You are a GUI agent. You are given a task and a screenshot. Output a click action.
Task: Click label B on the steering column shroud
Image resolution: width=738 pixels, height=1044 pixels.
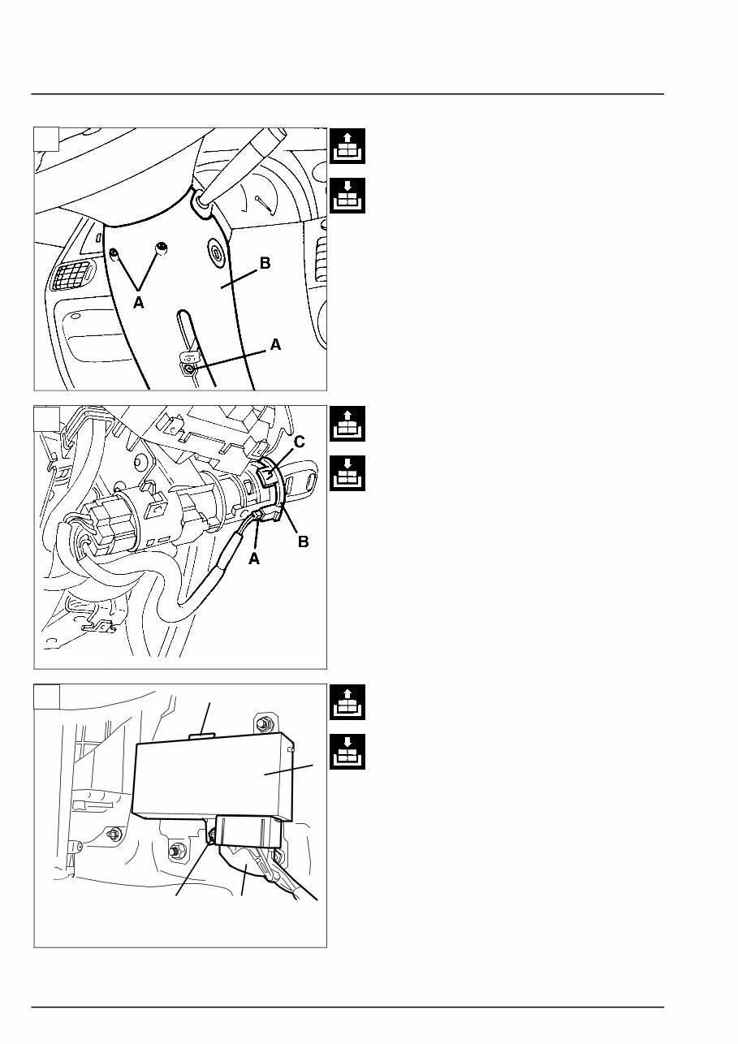click(x=265, y=263)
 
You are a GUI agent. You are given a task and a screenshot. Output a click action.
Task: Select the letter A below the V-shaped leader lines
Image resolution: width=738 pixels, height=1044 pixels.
click(x=139, y=303)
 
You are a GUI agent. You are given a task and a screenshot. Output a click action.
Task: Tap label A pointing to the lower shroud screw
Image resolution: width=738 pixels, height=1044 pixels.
click(x=275, y=345)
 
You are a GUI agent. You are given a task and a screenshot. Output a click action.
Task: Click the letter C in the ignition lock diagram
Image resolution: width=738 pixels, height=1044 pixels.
click(x=300, y=442)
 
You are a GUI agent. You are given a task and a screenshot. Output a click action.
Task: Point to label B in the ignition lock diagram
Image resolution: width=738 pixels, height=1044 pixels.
click(x=303, y=541)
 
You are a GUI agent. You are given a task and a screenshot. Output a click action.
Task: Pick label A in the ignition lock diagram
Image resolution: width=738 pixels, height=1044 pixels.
click(x=254, y=559)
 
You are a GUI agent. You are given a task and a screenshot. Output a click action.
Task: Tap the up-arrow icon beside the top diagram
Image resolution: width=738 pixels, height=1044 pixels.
click(x=347, y=146)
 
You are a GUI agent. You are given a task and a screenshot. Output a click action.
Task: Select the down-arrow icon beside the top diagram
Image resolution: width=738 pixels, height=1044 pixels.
click(x=347, y=196)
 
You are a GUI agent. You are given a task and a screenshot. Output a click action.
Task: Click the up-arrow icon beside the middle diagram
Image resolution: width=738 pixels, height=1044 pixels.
click(x=347, y=424)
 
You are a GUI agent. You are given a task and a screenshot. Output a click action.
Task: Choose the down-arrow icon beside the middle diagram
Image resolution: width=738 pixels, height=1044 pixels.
click(x=347, y=473)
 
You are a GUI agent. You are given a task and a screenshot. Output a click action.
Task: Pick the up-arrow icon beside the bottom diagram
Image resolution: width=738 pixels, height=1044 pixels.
click(x=347, y=702)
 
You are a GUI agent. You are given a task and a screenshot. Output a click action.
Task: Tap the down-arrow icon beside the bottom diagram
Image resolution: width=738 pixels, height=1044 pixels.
click(x=347, y=752)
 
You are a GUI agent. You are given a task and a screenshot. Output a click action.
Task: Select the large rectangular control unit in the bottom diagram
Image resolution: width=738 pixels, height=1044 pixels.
click(x=213, y=776)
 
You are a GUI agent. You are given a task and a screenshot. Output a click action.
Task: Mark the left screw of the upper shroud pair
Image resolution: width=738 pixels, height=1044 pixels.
click(x=114, y=253)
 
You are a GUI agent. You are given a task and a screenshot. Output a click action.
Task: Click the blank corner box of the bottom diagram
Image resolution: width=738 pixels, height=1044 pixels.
click(x=46, y=696)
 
